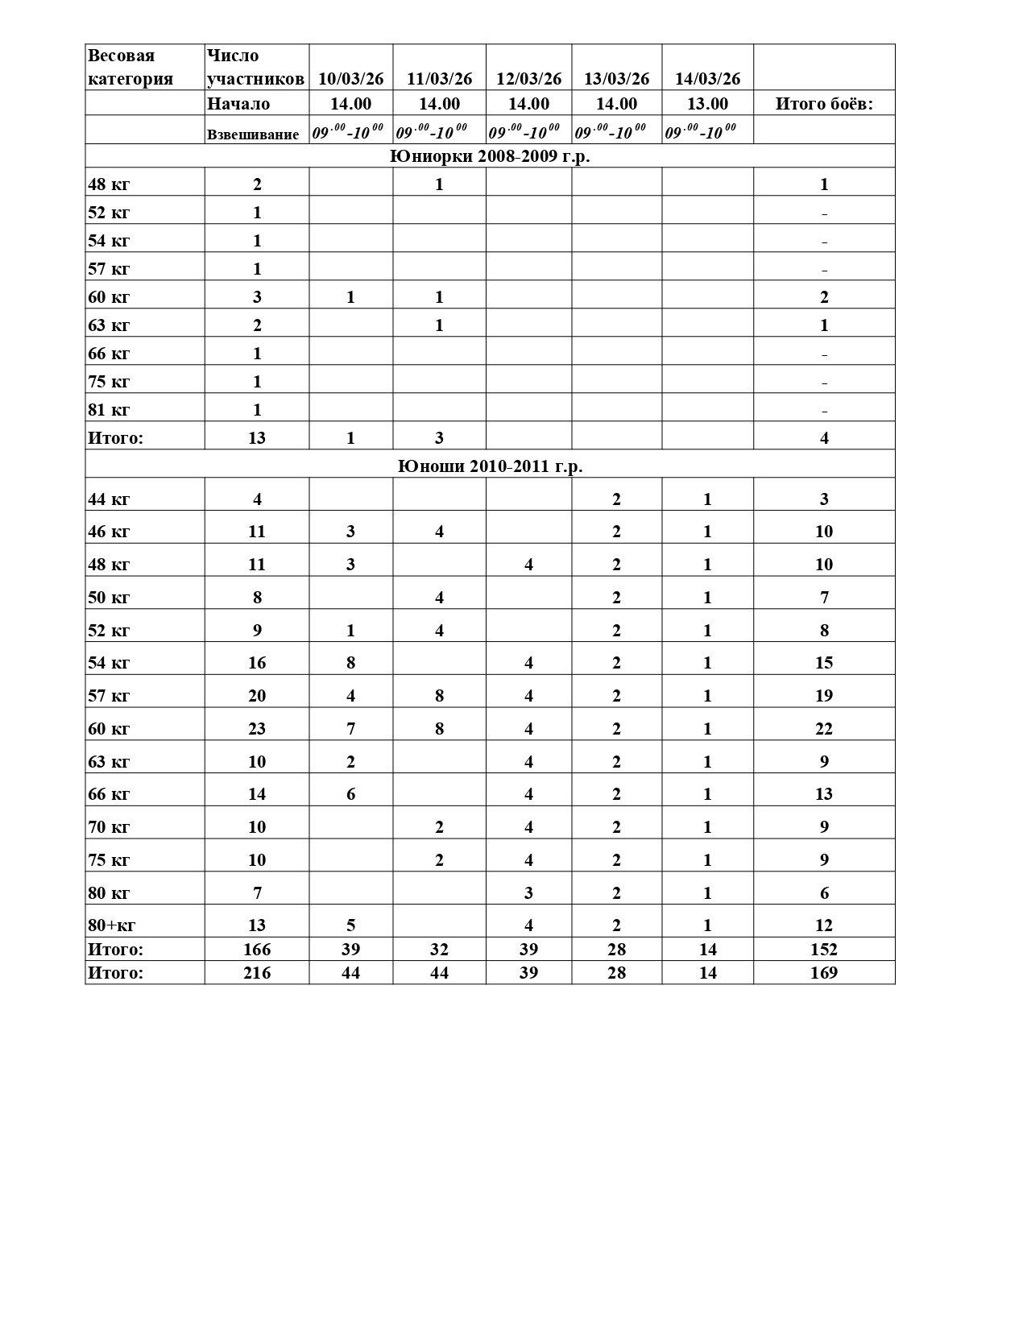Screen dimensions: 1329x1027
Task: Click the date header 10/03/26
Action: click(350, 79)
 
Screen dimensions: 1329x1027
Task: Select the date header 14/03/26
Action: click(707, 79)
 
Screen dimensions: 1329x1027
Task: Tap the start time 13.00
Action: click(707, 104)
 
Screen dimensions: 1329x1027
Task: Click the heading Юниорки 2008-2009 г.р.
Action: click(490, 156)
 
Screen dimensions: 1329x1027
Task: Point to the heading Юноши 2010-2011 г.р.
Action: click(490, 466)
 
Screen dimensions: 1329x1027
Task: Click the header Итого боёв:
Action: click(823, 104)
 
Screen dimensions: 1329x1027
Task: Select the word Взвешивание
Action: click(253, 135)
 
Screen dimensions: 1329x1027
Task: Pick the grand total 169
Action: click(823, 973)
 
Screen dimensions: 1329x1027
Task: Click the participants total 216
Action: click(257, 973)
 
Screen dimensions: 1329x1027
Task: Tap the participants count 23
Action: click(257, 729)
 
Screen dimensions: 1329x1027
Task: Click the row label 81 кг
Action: click(109, 410)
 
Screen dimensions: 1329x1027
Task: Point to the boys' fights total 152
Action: click(823, 950)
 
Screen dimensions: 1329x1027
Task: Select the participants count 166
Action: click(257, 950)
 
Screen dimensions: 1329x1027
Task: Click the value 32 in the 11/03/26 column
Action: click(439, 950)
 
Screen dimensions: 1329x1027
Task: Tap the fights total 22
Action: click(823, 729)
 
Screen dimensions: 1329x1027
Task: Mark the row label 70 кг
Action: click(109, 827)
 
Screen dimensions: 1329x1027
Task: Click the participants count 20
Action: click(257, 696)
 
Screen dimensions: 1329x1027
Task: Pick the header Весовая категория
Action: click(130, 67)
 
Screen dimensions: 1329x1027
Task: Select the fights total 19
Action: click(823, 696)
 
